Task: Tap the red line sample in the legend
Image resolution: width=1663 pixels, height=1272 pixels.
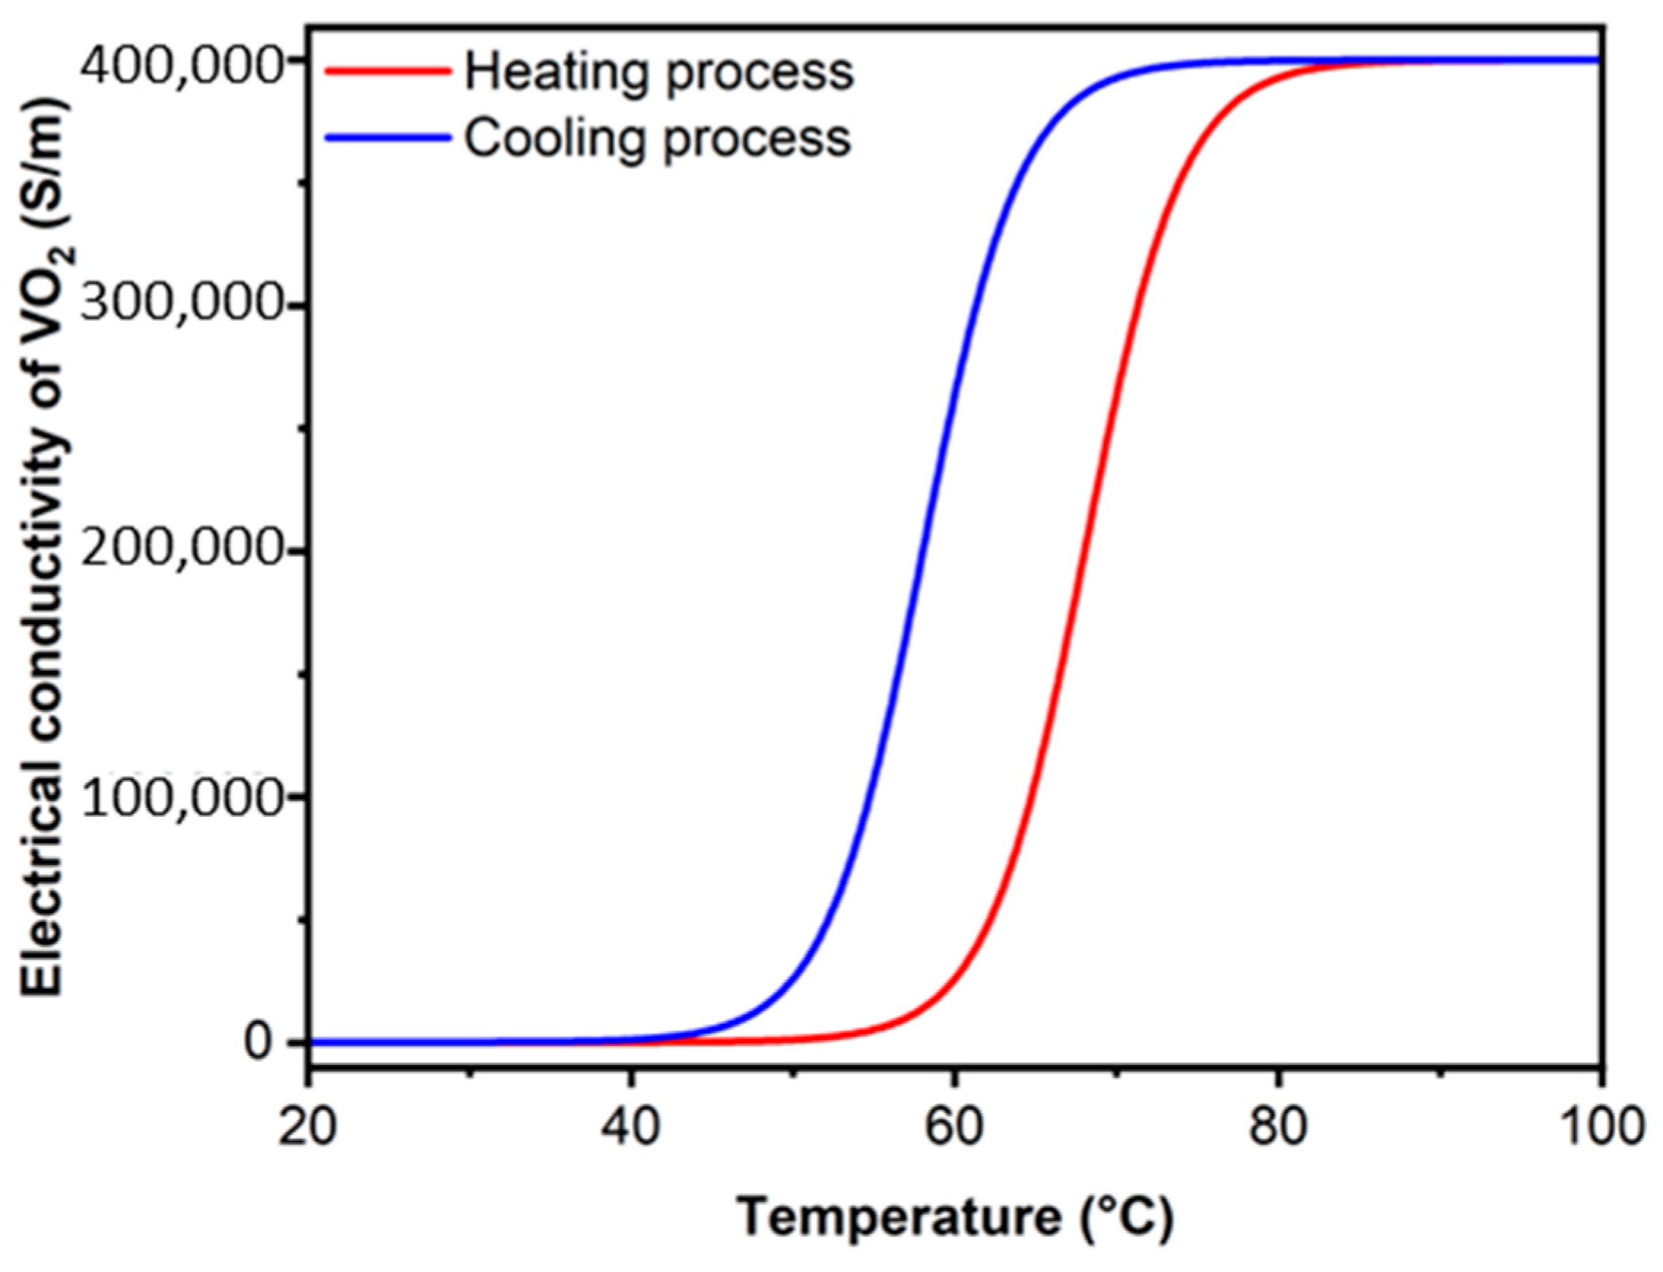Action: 387,71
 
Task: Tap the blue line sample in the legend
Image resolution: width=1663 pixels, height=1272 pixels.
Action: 387,138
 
